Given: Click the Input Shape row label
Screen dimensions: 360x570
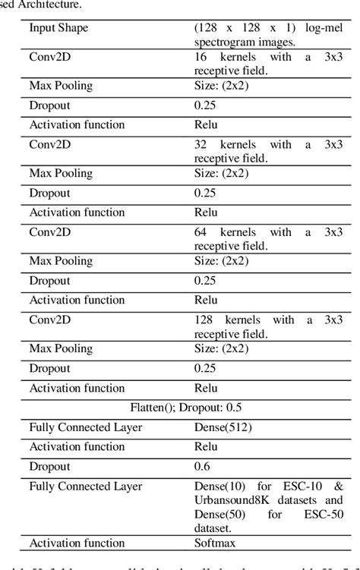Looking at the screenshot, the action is point(58,28).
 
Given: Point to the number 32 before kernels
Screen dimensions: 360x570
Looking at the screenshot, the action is point(201,143).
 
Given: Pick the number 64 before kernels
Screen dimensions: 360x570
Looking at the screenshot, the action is point(201,231).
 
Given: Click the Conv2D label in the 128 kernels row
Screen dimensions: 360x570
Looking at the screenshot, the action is point(49,320).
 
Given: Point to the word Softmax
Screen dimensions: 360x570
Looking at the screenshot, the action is point(216,543).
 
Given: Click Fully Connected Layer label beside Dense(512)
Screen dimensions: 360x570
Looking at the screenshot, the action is point(86,427).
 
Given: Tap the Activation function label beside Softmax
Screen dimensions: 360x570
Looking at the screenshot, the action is point(77,543).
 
